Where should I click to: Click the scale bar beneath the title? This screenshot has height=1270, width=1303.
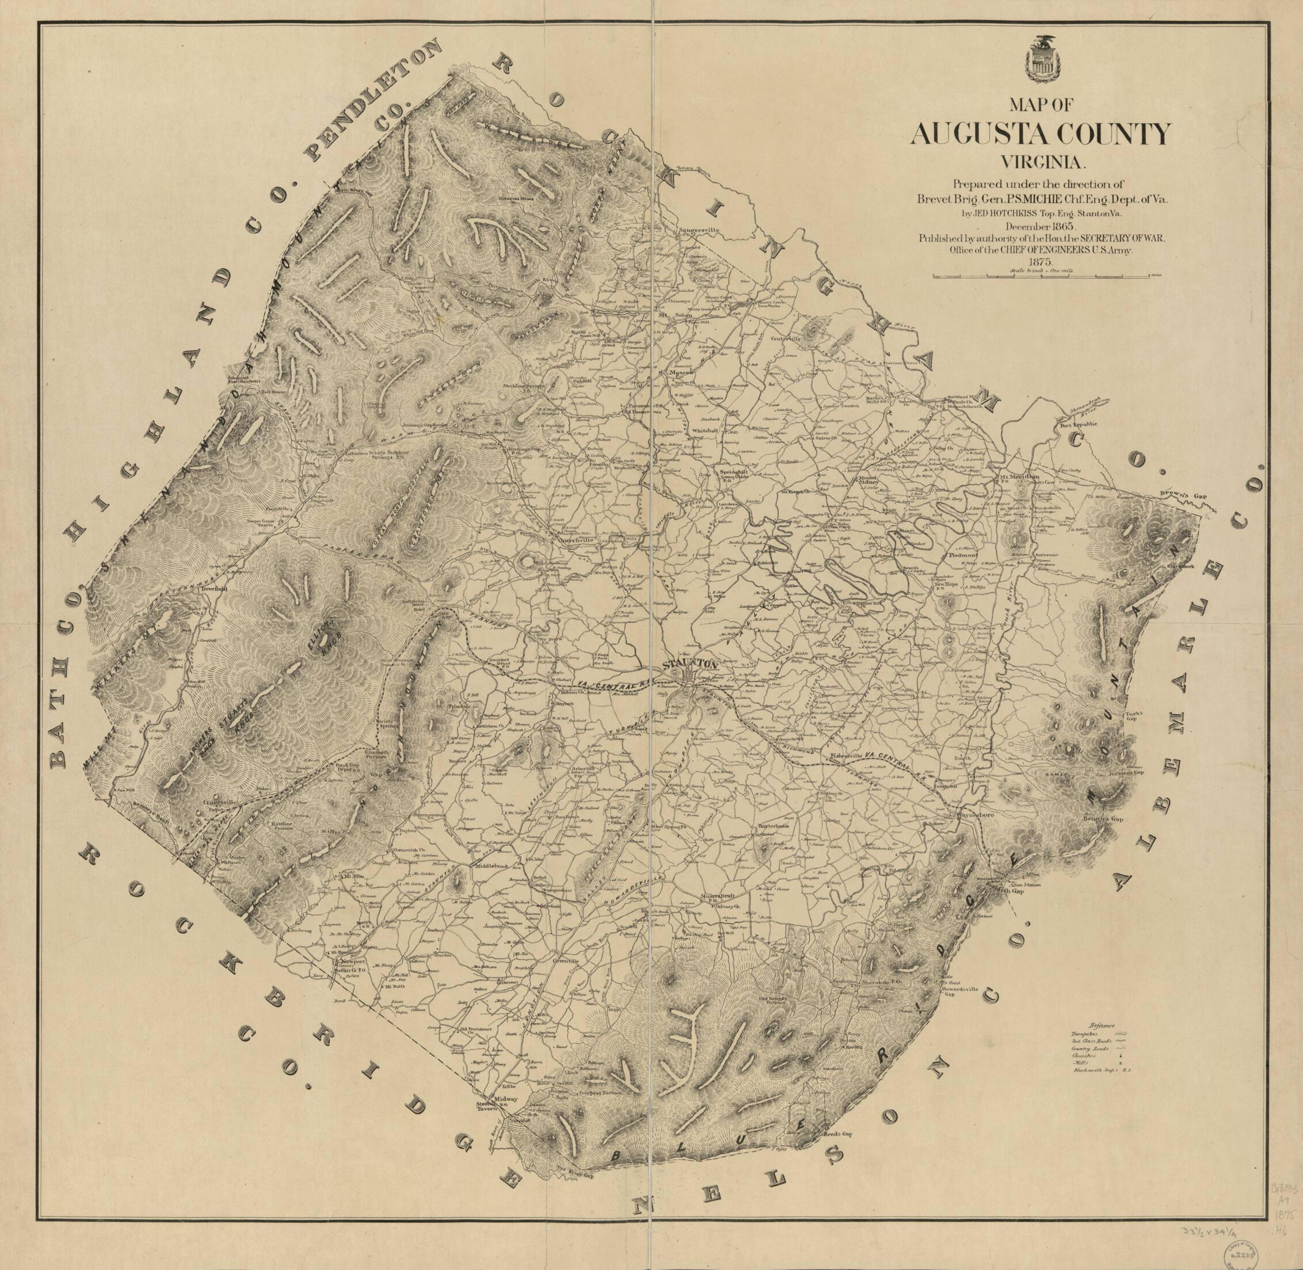(x=1042, y=276)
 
